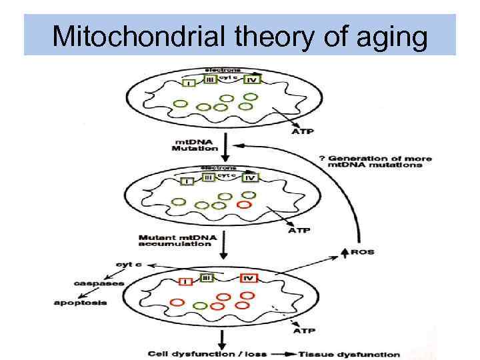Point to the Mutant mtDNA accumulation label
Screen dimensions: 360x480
pyautogui.click(x=175, y=240)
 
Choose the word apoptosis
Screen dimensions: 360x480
pyautogui.click(x=80, y=303)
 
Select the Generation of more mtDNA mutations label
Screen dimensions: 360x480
pyautogui.click(x=377, y=161)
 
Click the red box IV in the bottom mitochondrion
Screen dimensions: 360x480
pyautogui.click(x=248, y=277)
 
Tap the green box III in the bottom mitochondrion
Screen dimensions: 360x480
pyautogui.click(x=207, y=277)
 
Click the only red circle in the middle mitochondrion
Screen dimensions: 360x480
pyautogui.click(x=245, y=204)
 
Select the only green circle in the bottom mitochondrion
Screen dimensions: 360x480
pyautogui.click(x=199, y=305)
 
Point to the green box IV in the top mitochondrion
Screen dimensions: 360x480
pyautogui.click(x=251, y=79)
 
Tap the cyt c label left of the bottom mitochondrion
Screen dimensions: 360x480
pyautogui.click(x=128, y=264)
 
